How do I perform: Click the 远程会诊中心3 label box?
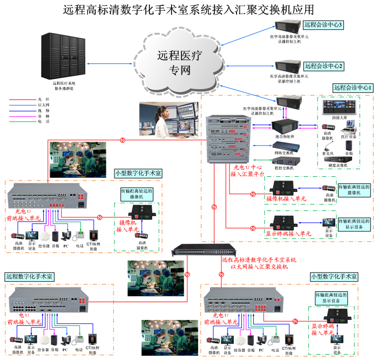tap(323, 24)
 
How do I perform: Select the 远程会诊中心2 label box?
tap(323, 66)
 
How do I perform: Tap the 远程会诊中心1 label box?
tap(353, 88)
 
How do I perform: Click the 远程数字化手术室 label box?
tap(30, 276)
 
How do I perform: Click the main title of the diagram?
tap(188, 9)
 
